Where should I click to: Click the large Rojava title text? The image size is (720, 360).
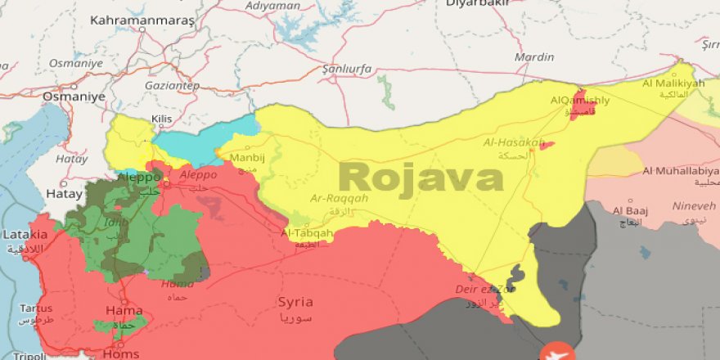[421, 177]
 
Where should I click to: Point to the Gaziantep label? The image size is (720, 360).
[172, 85]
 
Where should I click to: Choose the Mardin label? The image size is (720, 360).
[533, 57]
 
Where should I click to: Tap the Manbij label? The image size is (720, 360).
[246, 157]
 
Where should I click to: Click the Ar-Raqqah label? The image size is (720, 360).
[340, 198]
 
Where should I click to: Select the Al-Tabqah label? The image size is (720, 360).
[307, 233]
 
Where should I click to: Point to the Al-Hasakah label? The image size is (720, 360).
[514, 142]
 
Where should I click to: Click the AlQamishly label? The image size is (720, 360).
[580, 101]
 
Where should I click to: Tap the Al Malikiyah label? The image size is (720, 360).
[673, 83]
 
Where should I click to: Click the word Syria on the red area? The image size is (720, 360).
[295, 302]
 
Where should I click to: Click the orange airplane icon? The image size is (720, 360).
[559, 351]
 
